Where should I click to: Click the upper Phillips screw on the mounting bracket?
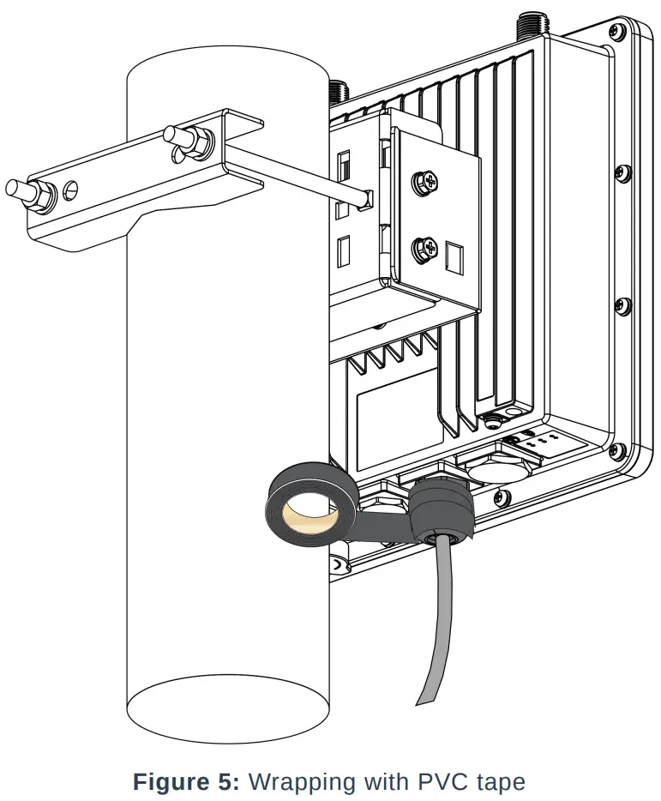424,182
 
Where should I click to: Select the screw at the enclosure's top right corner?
614,33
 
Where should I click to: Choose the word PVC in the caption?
444,781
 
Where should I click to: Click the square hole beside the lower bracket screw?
454,256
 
